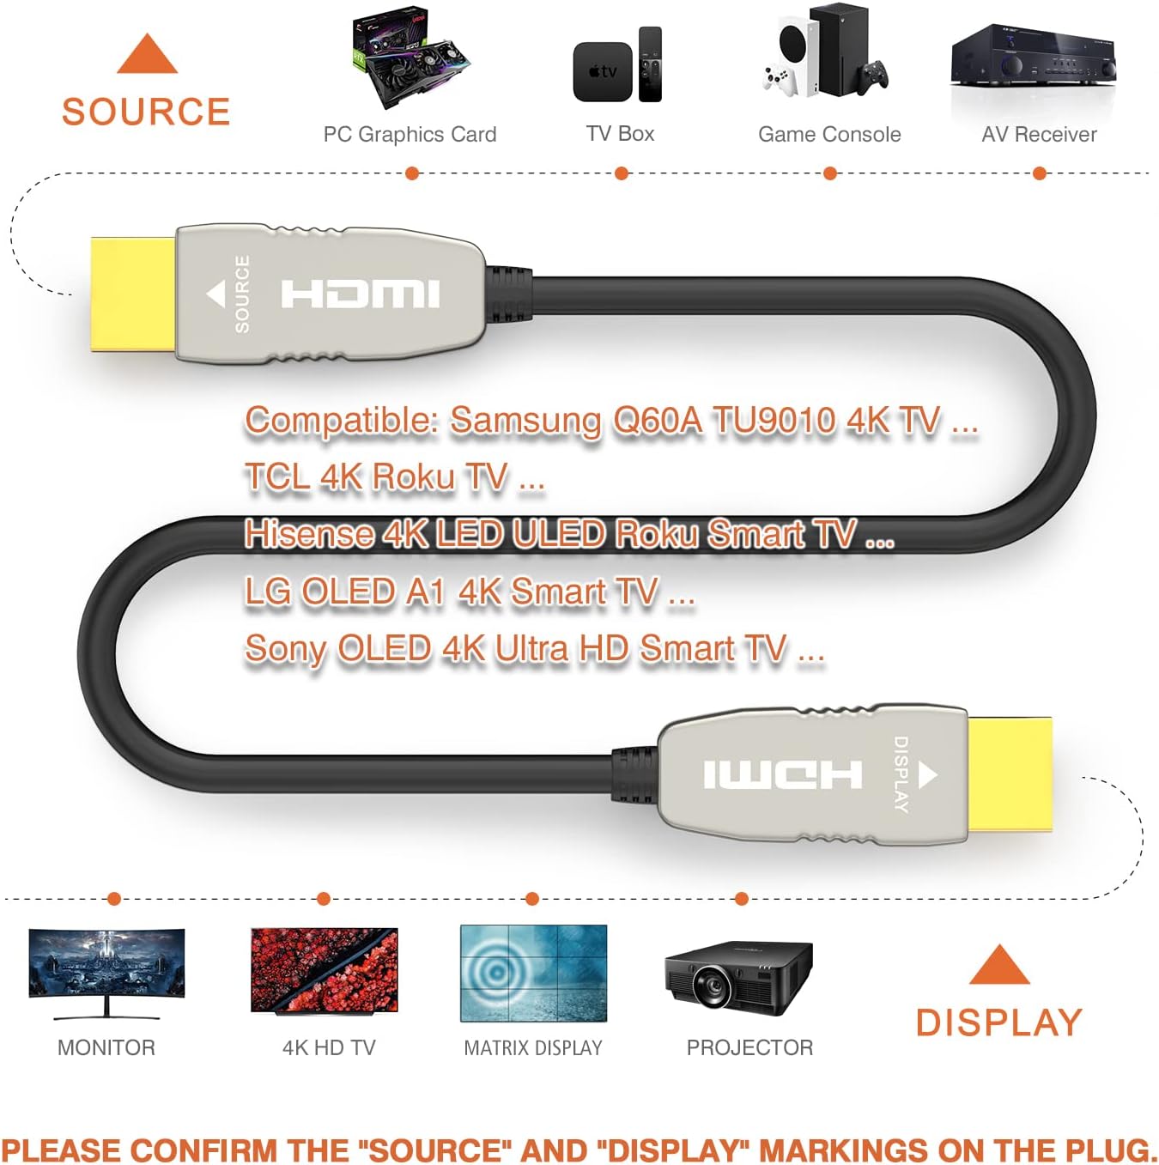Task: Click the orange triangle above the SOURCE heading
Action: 147,54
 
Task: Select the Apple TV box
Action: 602,72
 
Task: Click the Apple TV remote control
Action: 650,64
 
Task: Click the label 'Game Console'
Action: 829,134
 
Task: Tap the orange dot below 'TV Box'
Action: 621,174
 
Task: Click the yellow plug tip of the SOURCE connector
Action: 133,294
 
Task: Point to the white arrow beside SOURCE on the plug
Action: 215,294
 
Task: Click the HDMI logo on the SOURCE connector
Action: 361,294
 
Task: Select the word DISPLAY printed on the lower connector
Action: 901,774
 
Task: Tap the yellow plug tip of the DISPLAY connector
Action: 1010,775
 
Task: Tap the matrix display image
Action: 534,974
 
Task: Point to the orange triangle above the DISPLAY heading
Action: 999,965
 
